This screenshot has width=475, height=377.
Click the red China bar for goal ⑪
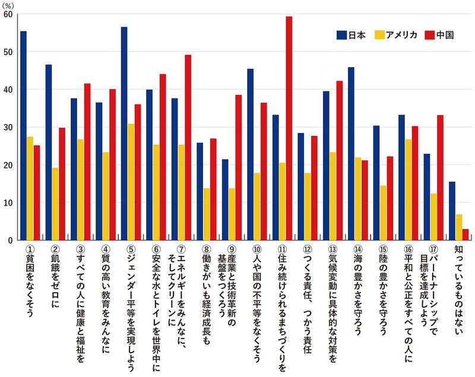click(x=289, y=128)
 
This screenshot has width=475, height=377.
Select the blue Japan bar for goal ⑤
click(x=123, y=134)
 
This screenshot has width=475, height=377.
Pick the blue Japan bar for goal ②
click(x=48, y=152)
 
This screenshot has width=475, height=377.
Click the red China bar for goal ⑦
click(x=188, y=147)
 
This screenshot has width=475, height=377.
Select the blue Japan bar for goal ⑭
click(x=351, y=154)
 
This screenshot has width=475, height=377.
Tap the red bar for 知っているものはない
click(x=465, y=235)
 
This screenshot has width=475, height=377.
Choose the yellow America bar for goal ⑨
click(x=232, y=214)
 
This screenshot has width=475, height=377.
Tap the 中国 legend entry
click(x=441, y=35)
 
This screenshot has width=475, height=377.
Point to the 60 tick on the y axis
click(x=8, y=14)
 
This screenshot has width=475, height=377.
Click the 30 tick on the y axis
click(x=8, y=127)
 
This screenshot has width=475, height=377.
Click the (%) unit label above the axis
click(x=10, y=4)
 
